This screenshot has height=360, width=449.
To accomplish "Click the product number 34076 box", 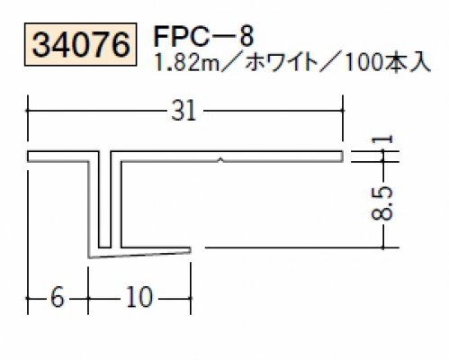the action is tap(81, 44).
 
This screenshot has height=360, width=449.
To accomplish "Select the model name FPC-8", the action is tap(203, 36).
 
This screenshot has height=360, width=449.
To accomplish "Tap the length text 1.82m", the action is tap(186, 63).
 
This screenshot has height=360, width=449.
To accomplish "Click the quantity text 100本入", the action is tap(388, 63).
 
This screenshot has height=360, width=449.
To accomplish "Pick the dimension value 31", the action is tap(184, 111).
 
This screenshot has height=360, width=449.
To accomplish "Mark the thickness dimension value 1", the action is tap(382, 139).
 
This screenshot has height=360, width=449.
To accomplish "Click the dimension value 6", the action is tap(57, 298).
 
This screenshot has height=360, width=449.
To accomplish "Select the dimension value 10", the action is tap(139, 298).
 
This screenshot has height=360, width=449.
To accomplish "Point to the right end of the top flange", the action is tap(343, 157).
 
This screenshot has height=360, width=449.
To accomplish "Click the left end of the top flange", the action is tap(28, 157).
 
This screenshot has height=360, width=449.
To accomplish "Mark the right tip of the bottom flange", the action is tap(191, 250).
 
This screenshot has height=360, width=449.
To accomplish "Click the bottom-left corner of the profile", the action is tap(89, 257).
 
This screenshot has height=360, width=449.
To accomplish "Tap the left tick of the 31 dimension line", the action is tap(28, 111).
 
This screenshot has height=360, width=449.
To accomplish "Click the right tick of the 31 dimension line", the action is tap(343, 111).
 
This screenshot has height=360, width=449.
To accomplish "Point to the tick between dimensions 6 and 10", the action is tap(88, 298).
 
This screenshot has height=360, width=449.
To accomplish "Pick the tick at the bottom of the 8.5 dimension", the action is tap(383, 247).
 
